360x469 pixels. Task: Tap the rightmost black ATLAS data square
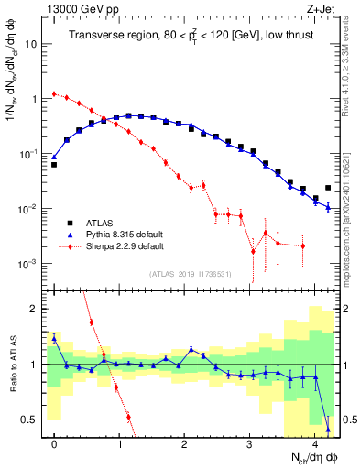tap(328, 188)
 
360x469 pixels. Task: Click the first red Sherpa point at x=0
tap(55, 93)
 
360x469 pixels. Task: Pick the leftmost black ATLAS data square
tap(55, 165)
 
